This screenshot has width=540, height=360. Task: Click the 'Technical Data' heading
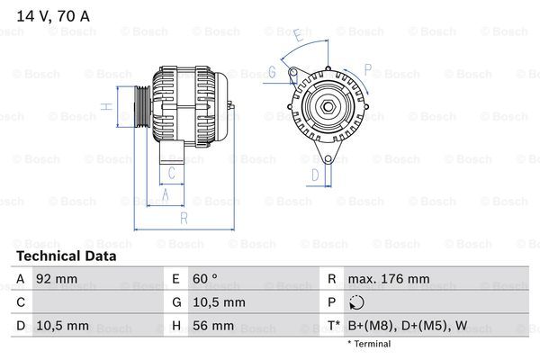[65, 256]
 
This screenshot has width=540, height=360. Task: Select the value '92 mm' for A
[52, 279]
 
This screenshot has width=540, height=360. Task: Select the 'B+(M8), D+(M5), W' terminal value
[407, 325]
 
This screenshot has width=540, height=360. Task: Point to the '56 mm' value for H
[214, 325]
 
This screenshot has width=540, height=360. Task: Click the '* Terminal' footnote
[369, 344]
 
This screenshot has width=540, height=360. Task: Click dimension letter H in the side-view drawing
[106, 106]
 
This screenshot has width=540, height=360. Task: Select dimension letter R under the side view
[184, 217]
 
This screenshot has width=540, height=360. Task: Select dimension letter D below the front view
[315, 174]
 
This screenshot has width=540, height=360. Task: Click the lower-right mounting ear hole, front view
[338, 160]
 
